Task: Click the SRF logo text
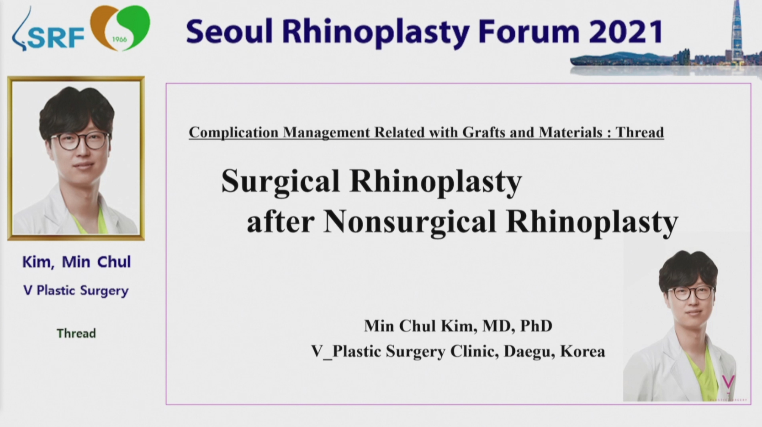coord(56,37)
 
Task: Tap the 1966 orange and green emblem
coord(120,28)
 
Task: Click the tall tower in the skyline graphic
coord(737,31)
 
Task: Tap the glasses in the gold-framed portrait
coord(80,140)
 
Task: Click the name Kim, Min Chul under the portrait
coord(77,262)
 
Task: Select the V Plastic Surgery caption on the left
coord(76,290)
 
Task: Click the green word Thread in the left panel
coord(76,333)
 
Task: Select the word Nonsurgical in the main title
coord(410,221)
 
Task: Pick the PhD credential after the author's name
coord(536,326)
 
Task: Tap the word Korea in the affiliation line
coord(583,352)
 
